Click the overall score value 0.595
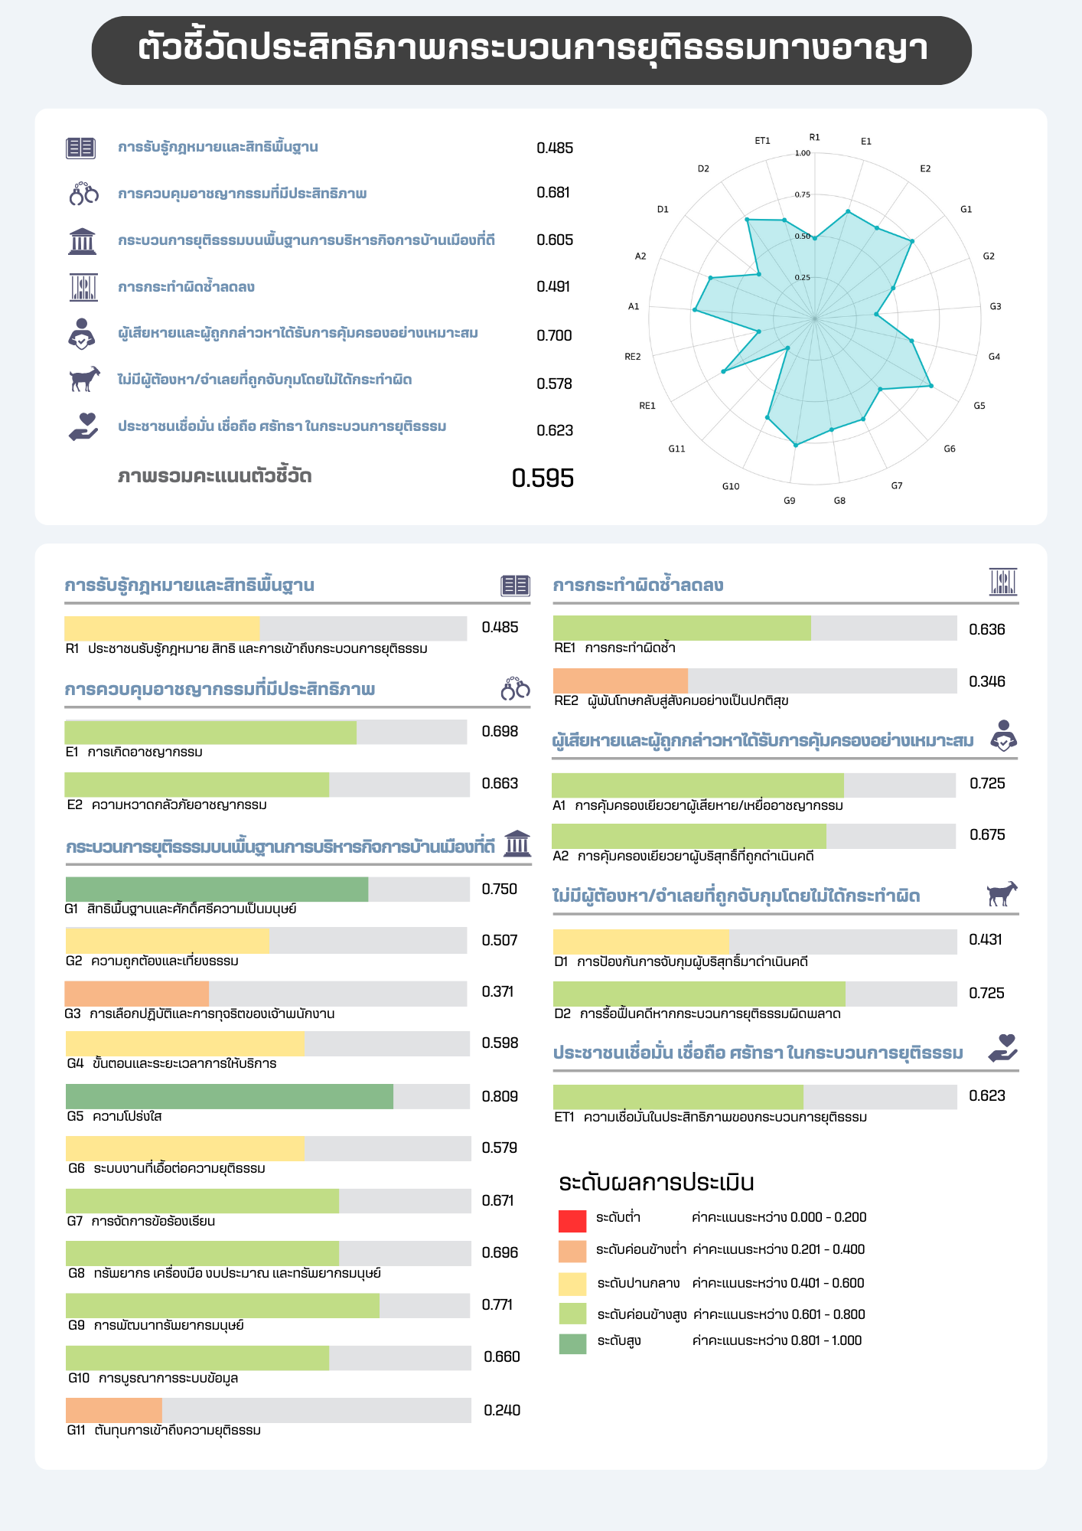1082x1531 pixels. tap(543, 478)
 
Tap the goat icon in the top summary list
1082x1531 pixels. tap(84, 379)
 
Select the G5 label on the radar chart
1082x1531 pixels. tap(979, 406)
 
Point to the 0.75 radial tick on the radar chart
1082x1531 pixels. tap(802, 194)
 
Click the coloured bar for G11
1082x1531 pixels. tap(114, 1410)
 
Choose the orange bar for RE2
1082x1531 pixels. tap(621, 681)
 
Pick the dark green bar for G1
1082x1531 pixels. tap(217, 889)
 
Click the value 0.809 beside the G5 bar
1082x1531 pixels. tap(500, 1096)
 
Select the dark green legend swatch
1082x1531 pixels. tap(572, 1343)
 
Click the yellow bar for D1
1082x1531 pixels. tap(641, 942)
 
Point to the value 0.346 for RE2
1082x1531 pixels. tap(987, 681)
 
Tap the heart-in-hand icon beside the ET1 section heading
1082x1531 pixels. tap(1003, 1048)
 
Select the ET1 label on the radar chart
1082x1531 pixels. tap(763, 141)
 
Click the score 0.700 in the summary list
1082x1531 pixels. tap(555, 335)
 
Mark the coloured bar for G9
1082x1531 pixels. tap(223, 1305)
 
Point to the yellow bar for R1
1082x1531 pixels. tap(162, 628)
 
